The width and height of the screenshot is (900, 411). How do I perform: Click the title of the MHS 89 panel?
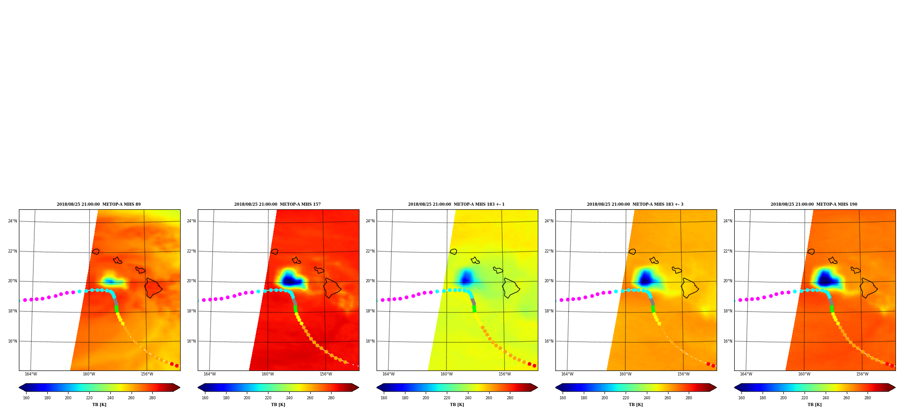pyautogui.click(x=99, y=204)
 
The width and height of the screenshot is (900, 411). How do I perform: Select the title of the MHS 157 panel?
pyautogui.click(x=277, y=204)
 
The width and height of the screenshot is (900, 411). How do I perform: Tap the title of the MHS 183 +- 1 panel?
pyautogui.click(x=456, y=204)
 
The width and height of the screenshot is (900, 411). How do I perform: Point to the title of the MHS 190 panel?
pyautogui.click(x=814, y=204)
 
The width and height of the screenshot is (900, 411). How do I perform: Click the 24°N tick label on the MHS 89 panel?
pyautogui.click(x=13, y=221)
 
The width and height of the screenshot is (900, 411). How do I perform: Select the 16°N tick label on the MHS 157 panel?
pyautogui.click(x=191, y=341)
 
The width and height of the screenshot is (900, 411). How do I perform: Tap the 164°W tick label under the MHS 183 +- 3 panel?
pyautogui.click(x=567, y=374)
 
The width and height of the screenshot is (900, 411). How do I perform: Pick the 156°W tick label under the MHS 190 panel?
pyautogui.click(x=862, y=374)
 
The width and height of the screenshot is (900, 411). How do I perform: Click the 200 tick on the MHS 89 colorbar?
pyautogui.click(x=68, y=398)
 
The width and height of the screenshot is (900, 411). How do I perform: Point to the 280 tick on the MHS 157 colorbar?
pyautogui.click(x=331, y=398)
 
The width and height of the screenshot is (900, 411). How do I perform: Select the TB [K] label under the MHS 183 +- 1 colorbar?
pyautogui.click(x=457, y=405)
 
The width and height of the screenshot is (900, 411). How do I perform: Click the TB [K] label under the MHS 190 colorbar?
pyautogui.click(x=814, y=405)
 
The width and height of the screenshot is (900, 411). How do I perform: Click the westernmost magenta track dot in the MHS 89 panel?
pyautogui.click(x=25, y=300)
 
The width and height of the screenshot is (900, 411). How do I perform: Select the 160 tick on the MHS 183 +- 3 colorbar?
pyautogui.click(x=563, y=398)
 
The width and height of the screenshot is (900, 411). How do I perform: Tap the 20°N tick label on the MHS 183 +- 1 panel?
pyautogui.click(x=370, y=281)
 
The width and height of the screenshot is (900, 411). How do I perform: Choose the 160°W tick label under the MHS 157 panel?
pyautogui.click(x=268, y=374)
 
